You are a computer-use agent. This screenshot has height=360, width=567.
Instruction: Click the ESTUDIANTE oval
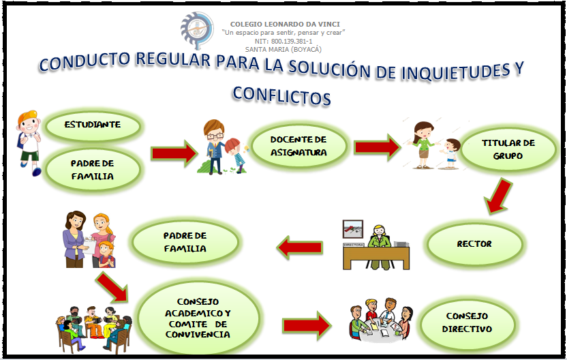click(x=93, y=125)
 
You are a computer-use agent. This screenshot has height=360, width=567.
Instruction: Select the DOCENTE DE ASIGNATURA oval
click(x=298, y=146)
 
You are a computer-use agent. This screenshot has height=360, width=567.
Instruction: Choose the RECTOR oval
click(x=475, y=243)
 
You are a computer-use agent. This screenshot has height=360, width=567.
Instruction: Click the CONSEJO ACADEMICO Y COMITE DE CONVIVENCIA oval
click(x=198, y=318)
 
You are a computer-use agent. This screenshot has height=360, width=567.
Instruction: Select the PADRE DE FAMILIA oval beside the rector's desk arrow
click(x=185, y=241)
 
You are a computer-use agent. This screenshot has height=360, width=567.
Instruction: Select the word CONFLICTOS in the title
click(x=281, y=94)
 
